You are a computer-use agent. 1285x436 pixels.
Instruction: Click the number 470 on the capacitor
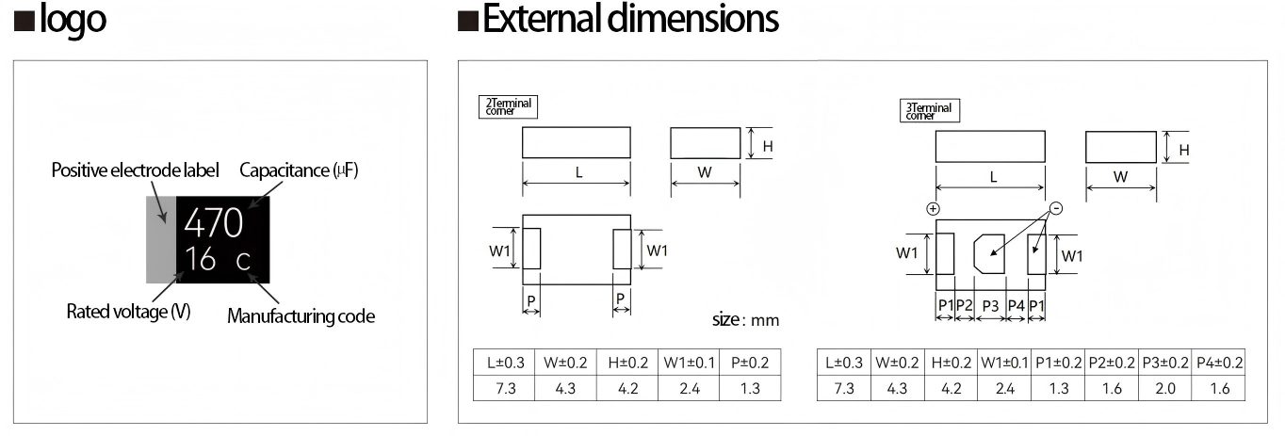tap(214, 222)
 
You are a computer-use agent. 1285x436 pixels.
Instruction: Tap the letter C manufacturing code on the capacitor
tap(243, 261)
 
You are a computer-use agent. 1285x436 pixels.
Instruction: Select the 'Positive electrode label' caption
tap(135, 170)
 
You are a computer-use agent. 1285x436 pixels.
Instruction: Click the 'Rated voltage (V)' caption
tap(128, 312)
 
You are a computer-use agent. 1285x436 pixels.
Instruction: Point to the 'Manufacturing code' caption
tap(301, 316)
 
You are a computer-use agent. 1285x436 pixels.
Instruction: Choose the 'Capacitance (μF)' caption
tap(299, 170)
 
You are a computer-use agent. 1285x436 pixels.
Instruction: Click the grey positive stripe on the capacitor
tap(160, 240)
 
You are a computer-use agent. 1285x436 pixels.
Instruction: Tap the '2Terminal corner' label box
tap(509, 106)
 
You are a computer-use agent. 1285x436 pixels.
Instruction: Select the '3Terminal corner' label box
tap(929, 111)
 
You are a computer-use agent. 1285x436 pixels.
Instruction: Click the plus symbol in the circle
tap(934, 209)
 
